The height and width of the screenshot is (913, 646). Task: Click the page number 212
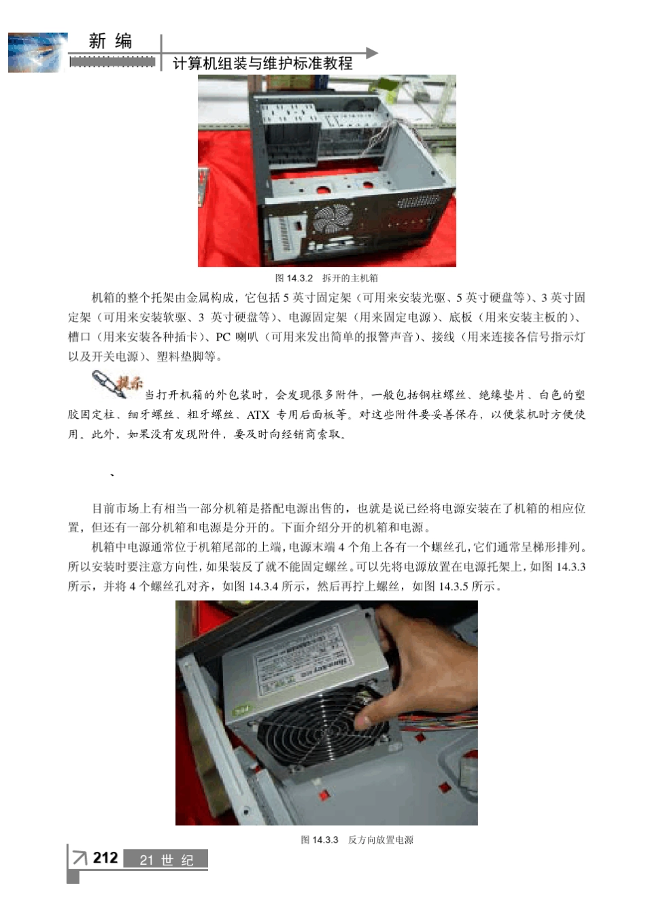105,858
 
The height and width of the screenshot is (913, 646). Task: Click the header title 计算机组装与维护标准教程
262,64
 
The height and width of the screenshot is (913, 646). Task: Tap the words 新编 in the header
110,41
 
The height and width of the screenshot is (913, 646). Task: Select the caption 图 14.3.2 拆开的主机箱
326,278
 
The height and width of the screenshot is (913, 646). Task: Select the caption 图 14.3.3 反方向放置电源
357,840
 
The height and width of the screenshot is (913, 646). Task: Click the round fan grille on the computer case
333,220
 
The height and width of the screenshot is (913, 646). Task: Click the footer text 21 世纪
167,860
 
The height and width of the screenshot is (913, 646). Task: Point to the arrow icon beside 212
80,858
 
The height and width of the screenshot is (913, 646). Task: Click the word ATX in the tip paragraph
258,415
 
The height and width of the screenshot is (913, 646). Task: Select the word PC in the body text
223,337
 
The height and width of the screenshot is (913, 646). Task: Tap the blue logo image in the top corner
37,52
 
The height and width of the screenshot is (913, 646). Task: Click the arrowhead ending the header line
371,52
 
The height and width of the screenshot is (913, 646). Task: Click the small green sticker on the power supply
241,710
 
